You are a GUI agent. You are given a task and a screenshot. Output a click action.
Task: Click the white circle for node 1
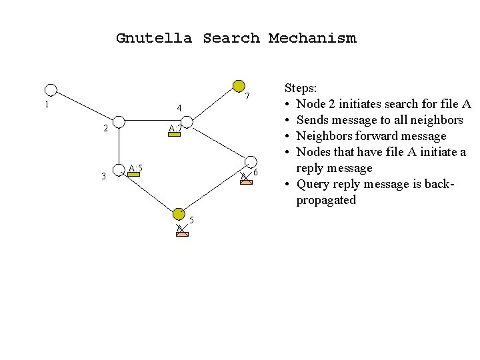tap(51, 90)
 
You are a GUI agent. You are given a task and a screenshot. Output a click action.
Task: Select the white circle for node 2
tap(119, 121)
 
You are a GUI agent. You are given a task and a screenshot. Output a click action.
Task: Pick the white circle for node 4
tap(186, 122)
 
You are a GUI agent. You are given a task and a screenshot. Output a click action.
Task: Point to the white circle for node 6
tap(251, 162)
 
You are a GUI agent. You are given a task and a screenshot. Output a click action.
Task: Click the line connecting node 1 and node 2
tap(85, 106)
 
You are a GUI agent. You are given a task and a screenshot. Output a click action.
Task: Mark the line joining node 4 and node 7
tap(212, 104)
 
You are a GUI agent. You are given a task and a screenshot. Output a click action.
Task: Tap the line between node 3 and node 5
tap(149, 193)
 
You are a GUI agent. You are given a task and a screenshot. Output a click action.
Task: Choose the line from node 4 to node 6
tap(219, 142)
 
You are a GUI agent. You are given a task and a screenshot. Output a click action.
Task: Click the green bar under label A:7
tap(175, 134)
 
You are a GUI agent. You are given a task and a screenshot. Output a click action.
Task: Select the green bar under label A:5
tap(134, 175)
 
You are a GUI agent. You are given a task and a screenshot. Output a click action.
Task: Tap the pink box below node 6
tap(247, 180)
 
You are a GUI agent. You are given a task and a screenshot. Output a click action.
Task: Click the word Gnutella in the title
tap(153, 38)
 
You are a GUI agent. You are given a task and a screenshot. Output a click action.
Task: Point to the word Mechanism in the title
tap(312, 38)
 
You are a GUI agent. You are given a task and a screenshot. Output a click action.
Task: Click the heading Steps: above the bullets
tap(301, 87)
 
